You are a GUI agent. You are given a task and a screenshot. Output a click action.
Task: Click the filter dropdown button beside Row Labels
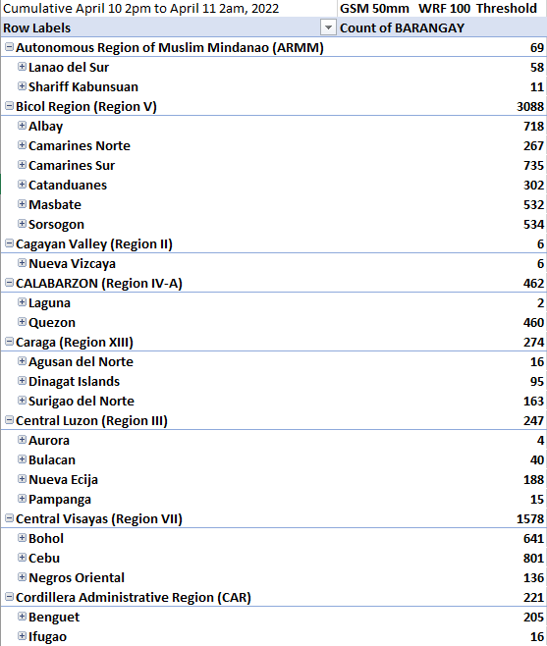pyautogui.click(x=328, y=27)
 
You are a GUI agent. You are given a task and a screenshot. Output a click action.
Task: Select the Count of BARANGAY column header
pyautogui.click(x=402, y=28)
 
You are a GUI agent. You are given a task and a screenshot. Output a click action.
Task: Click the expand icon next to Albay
pyautogui.click(x=22, y=126)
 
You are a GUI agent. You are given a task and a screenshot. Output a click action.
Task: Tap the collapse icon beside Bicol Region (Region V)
pyautogui.click(x=9, y=106)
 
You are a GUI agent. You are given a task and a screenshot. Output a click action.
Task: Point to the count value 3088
pyautogui.click(x=530, y=107)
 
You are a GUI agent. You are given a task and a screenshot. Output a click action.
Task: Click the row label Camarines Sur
pyautogui.click(x=72, y=166)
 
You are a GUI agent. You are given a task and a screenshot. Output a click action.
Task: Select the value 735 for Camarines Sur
pyautogui.click(x=533, y=166)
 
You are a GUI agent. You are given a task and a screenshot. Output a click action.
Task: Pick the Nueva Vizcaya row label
pyautogui.click(x=72, y=264)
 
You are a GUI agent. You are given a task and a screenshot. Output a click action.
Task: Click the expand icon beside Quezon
pyautogui.click(x=22, y=322)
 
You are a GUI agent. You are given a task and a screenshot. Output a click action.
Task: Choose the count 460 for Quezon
pyautogui.click(x=533, y=323)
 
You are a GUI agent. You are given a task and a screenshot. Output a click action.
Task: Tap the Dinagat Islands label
pyautogui.click(x=75, y=382)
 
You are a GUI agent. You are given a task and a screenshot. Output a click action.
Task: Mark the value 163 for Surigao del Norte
pyautogui.click(x=533, y=402)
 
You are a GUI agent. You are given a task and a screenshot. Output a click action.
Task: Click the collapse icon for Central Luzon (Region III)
pyautogui.click(x=9, y=420)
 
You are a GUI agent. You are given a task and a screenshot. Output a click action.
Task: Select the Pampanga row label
pyautogui.click(x=60, y=500)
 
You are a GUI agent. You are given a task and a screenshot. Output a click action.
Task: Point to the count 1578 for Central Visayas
pyautogui.click(x=530, y=519)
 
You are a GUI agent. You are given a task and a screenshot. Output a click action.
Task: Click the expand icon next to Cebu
pyautogui.click(x=22, y=558)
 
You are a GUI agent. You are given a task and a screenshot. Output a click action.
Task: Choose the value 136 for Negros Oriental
pyautogui.click(x=533, y=578)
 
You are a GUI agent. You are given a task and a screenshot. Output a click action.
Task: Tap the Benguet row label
pyautogui.click(x=54, y=618)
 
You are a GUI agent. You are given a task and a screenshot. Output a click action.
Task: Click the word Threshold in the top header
pyautogui.click(x=510, y=8)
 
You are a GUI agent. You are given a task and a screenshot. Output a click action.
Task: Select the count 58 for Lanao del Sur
pyautogui.click(x=537, y=68)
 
